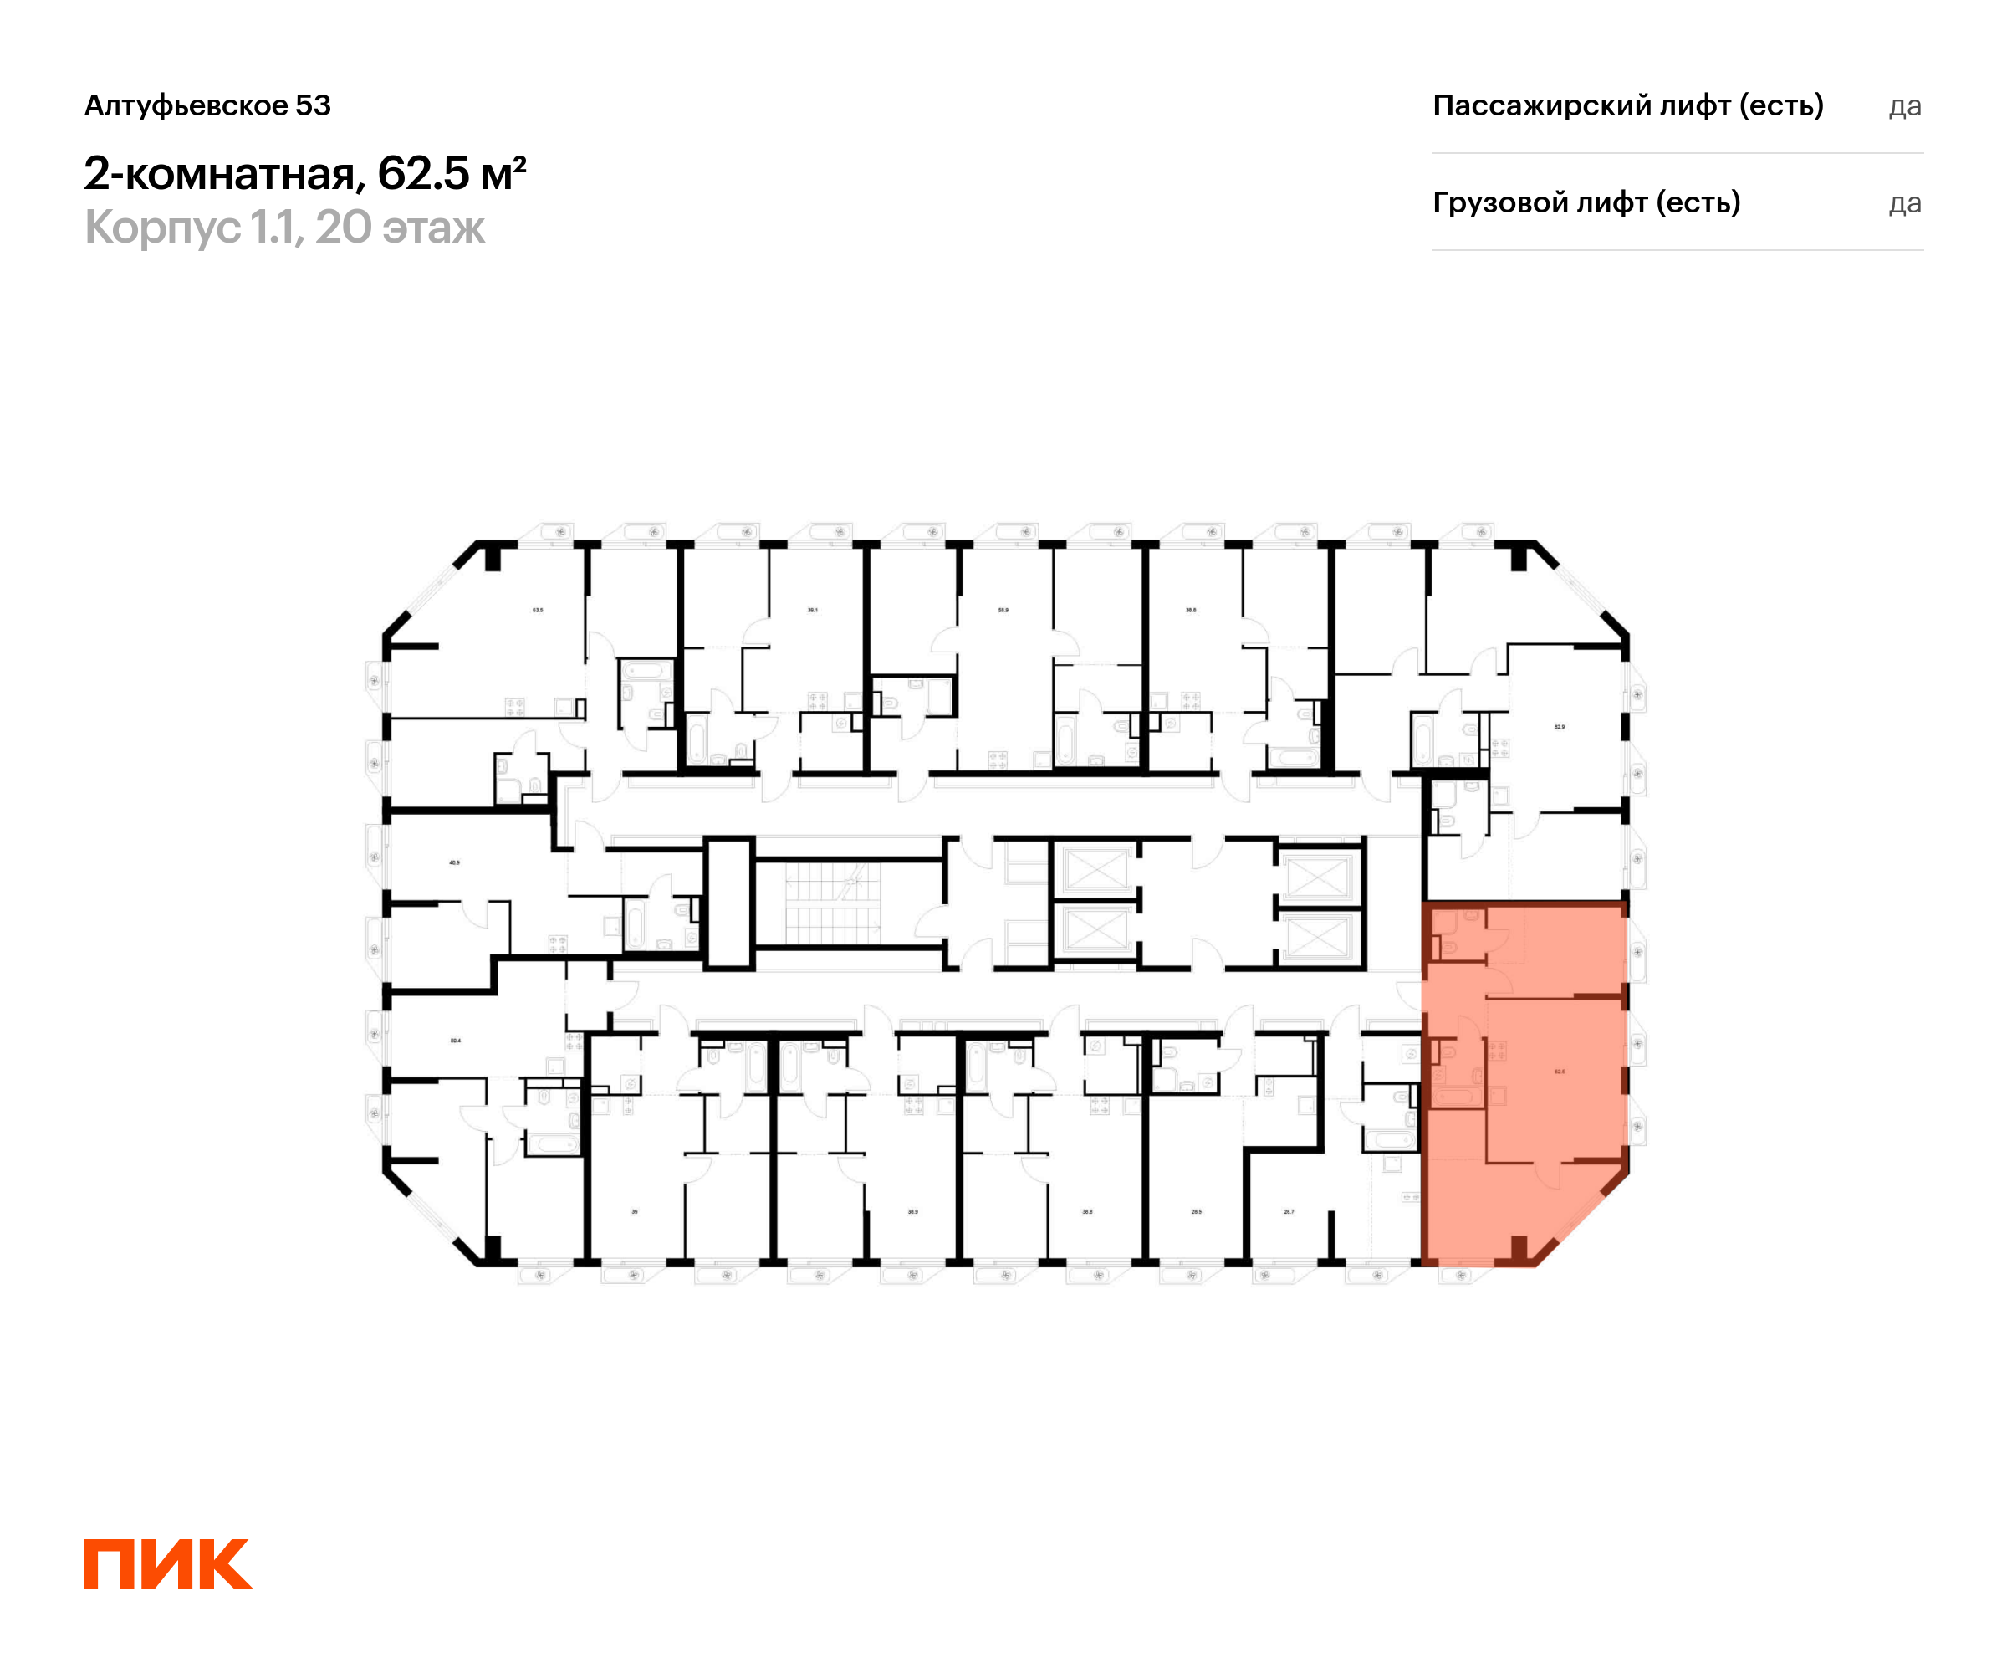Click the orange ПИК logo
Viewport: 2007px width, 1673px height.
point(168,1564)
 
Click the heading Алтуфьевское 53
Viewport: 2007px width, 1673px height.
point(207,105)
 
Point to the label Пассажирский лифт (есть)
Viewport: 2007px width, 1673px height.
point(1627,105)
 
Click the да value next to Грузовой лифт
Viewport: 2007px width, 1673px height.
point(1905,202)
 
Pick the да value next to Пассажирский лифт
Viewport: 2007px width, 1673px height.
point(1905,105)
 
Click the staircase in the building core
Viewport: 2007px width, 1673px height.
point(832,904)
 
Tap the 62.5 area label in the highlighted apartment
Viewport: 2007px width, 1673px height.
point(1560,1072)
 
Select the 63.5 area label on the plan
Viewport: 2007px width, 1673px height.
point(538,610)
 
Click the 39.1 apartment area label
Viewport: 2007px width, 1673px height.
point(812,610)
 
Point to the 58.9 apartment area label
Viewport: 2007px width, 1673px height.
point(1003,610)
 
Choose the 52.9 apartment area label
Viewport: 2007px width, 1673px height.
point(1560,727)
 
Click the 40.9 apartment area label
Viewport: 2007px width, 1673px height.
point(455,862)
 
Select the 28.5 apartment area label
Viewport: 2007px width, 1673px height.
point(1197,1211)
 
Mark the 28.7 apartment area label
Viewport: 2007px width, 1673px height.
point(1289,1211)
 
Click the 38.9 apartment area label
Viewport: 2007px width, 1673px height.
point(912,1211)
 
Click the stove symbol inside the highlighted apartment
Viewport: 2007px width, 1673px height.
point(1498,1051)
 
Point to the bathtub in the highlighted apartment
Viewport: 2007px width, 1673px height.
point(1454,1097)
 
